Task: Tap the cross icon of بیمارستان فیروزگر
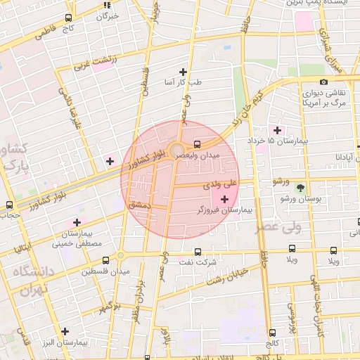(224, 200)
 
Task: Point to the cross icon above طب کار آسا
(184, 71)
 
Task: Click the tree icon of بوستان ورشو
(301, 188)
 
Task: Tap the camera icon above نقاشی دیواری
(323, 82)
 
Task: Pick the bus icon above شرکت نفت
(196, 251)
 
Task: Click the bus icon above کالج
(272, 333)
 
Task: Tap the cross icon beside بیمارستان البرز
(65, 331)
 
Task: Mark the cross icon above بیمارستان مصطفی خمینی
(77, 222)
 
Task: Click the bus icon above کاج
(67, 18)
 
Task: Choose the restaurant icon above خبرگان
(108, 5)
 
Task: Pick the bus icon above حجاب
(9, 205)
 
